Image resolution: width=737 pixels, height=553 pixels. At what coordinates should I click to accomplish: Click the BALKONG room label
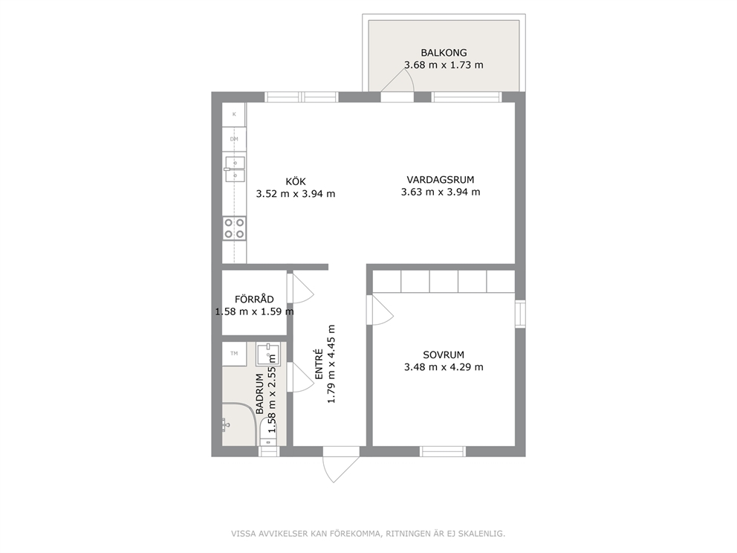[x=444, y=53]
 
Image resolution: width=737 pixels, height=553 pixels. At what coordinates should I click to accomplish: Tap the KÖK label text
[x=296, y=181]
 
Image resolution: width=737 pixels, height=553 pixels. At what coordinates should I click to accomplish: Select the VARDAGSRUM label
[x=441, y=180]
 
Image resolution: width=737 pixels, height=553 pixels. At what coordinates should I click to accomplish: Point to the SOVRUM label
[x=444, y=355]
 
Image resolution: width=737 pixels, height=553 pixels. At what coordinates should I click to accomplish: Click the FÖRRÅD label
[x=254, y=299]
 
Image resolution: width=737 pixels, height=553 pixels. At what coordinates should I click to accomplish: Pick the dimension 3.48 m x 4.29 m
[x=444, y=367]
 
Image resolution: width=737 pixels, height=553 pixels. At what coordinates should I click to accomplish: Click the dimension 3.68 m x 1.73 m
[x=444, y=65]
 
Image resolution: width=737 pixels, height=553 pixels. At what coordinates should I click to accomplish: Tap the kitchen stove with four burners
[x=234, y=228]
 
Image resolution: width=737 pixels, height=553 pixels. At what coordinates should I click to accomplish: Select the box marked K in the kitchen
[x=234, y=114]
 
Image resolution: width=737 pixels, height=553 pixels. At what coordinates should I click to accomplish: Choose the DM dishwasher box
[x=234, y=139]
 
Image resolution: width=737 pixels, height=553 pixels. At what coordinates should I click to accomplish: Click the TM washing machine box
[x=234, y=354]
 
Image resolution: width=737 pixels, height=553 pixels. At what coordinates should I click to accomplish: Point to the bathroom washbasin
[x=268, y=354]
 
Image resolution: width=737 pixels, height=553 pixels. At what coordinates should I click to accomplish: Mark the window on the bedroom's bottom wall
[x=443, y=451]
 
